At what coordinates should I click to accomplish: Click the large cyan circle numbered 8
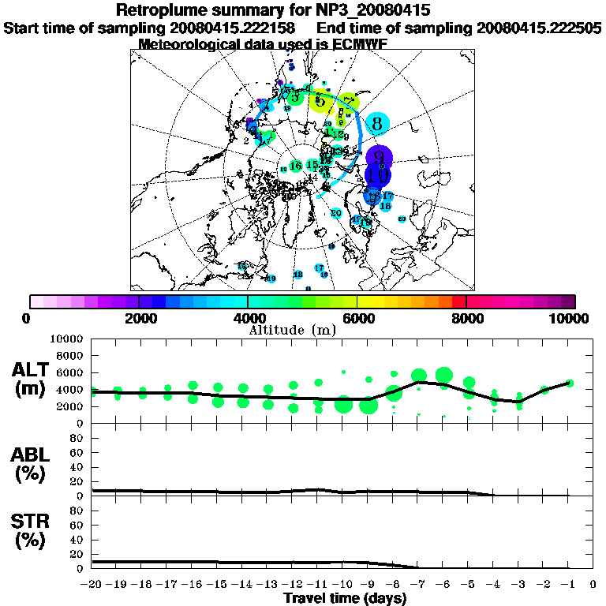pyautogui.click(x=378, y=123)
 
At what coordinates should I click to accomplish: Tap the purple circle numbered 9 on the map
pyautogui.click(x=380, y=156)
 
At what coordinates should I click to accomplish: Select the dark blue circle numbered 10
pyautogui.click(x=377, y=175)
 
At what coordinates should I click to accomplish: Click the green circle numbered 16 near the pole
pyautogui.click(x=296, y=166)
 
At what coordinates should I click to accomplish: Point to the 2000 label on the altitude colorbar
pyautogui.click(x=140, y=318)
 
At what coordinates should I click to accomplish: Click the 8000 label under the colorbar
pyautogui.click(x=466, y=318)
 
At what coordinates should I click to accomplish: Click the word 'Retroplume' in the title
pyautogui.click(x=163, y=10)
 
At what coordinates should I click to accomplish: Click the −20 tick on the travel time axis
pyautogui.click(x=92, y=585)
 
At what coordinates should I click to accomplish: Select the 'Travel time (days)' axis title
pyautogui.click(x=345, y=598)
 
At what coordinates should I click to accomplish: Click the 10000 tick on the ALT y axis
pyautogui.click(x=69, y=339)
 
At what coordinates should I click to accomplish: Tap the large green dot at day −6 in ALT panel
pyautogui.click(x=443, y=374)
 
